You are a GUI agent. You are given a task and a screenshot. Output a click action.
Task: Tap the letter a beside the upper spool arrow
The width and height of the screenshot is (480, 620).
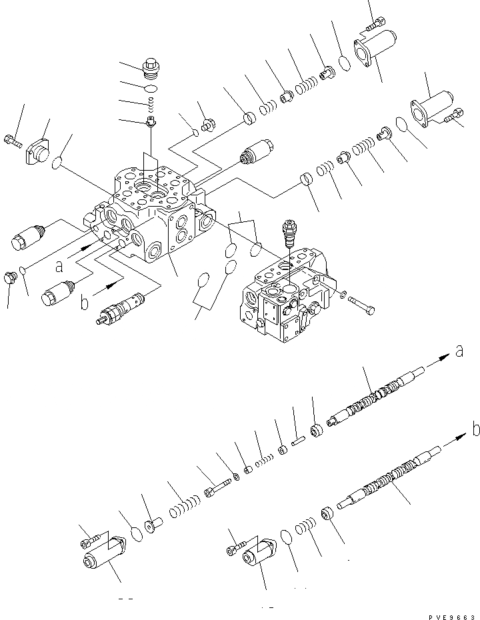[459, 351]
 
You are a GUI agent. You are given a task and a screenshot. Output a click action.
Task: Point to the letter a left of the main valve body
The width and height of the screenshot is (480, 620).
[59, 266]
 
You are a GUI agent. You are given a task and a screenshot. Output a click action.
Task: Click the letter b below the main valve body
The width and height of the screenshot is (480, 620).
[84, 303]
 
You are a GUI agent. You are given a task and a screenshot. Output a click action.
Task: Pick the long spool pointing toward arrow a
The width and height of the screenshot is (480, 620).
[377, 399]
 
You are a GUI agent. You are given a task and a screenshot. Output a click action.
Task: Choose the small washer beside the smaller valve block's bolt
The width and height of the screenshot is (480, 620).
[342, 295]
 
